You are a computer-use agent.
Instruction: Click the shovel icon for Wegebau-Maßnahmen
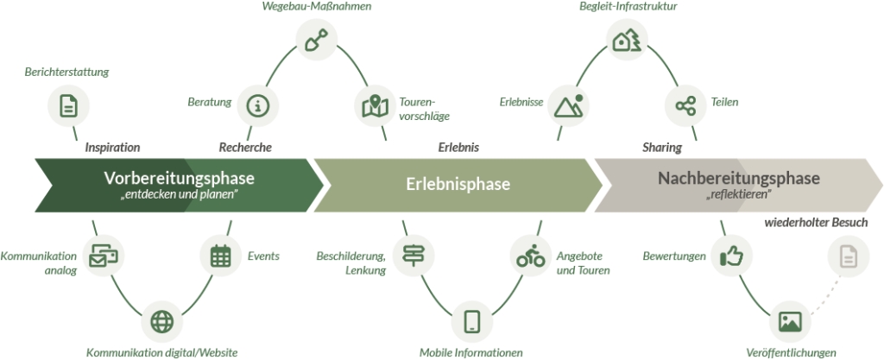[x=313, y=39]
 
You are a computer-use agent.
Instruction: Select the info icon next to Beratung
[x=256, y=104]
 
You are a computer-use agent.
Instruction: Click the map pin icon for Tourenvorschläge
[x=375, y=107]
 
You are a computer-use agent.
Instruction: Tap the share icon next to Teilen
[x=686, y=104]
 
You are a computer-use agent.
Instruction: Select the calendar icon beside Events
[x=220, y=256]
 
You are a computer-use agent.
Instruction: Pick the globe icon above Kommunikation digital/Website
[x=161, y=320]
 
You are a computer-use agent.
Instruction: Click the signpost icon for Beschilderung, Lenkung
[x=411, y=256]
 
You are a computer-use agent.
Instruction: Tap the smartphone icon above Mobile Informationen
[x=471, y=320]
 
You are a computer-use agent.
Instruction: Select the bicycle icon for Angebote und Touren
[x=528, y=256]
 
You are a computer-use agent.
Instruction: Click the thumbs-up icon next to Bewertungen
[x=731, y=256]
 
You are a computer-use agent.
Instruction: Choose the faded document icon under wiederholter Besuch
[x=848, y=256]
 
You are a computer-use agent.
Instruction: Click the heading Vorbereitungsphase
[x=180, y=179]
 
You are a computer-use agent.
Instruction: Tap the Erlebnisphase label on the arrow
[x=458, y=185]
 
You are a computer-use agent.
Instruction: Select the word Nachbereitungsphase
[x=738, y=179]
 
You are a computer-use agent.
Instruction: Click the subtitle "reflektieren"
[x=738, y=196]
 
